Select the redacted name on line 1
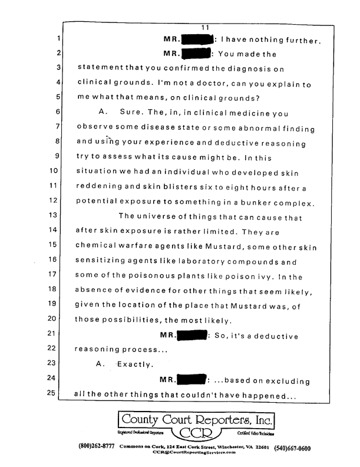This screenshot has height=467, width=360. (199, 41)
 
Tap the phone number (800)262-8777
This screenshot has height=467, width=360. (98, 447)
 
